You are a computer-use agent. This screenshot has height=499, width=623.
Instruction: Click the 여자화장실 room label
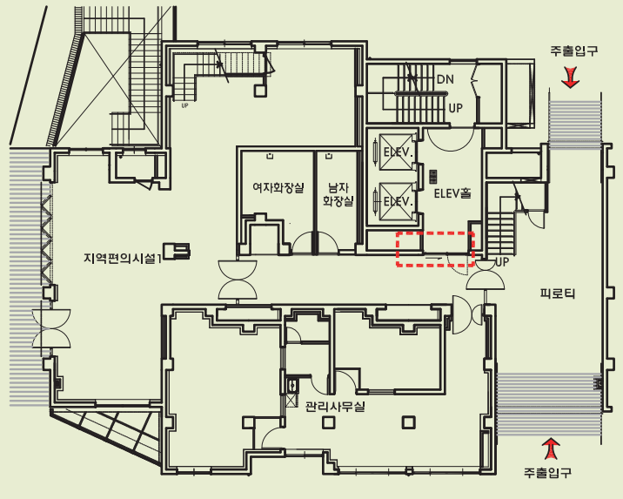click(x=278, y=188)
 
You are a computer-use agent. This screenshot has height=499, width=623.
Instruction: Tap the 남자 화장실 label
click(x=338, y=194)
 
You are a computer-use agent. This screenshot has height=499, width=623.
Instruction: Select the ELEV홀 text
click(x=452, y=193)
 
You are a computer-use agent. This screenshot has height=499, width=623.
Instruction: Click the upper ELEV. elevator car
click(x=396, y=152)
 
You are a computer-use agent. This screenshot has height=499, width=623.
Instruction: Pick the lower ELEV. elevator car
click(x=396, y=201)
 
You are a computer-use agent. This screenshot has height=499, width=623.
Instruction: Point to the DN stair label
click(x=445, y=79)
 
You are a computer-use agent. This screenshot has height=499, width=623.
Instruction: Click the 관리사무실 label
click(x=335, y=407)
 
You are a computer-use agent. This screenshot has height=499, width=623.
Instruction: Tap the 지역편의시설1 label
click(x=123, y=258)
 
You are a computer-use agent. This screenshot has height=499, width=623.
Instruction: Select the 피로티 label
click(x=558, y=293)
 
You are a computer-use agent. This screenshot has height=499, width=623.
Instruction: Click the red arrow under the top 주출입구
click(x=570, y=78)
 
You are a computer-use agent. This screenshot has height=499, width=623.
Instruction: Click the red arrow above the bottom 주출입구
click(x=551, y=448)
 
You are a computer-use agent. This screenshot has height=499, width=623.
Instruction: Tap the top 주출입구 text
click(x=574, y=51)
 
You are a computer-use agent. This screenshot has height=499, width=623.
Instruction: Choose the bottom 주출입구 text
click(x=547, y=472)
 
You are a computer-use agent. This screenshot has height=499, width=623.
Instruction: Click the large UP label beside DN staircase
click(x=455, y=108)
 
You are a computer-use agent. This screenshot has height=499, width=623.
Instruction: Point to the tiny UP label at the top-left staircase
click(x=184, y=105)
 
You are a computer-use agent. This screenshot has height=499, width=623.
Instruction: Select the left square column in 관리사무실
click(x=328, y=421)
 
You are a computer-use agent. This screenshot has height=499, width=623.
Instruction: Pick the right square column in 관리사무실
click(x=408, y=421)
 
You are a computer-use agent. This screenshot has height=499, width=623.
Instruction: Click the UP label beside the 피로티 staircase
click(x=502, y=261)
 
